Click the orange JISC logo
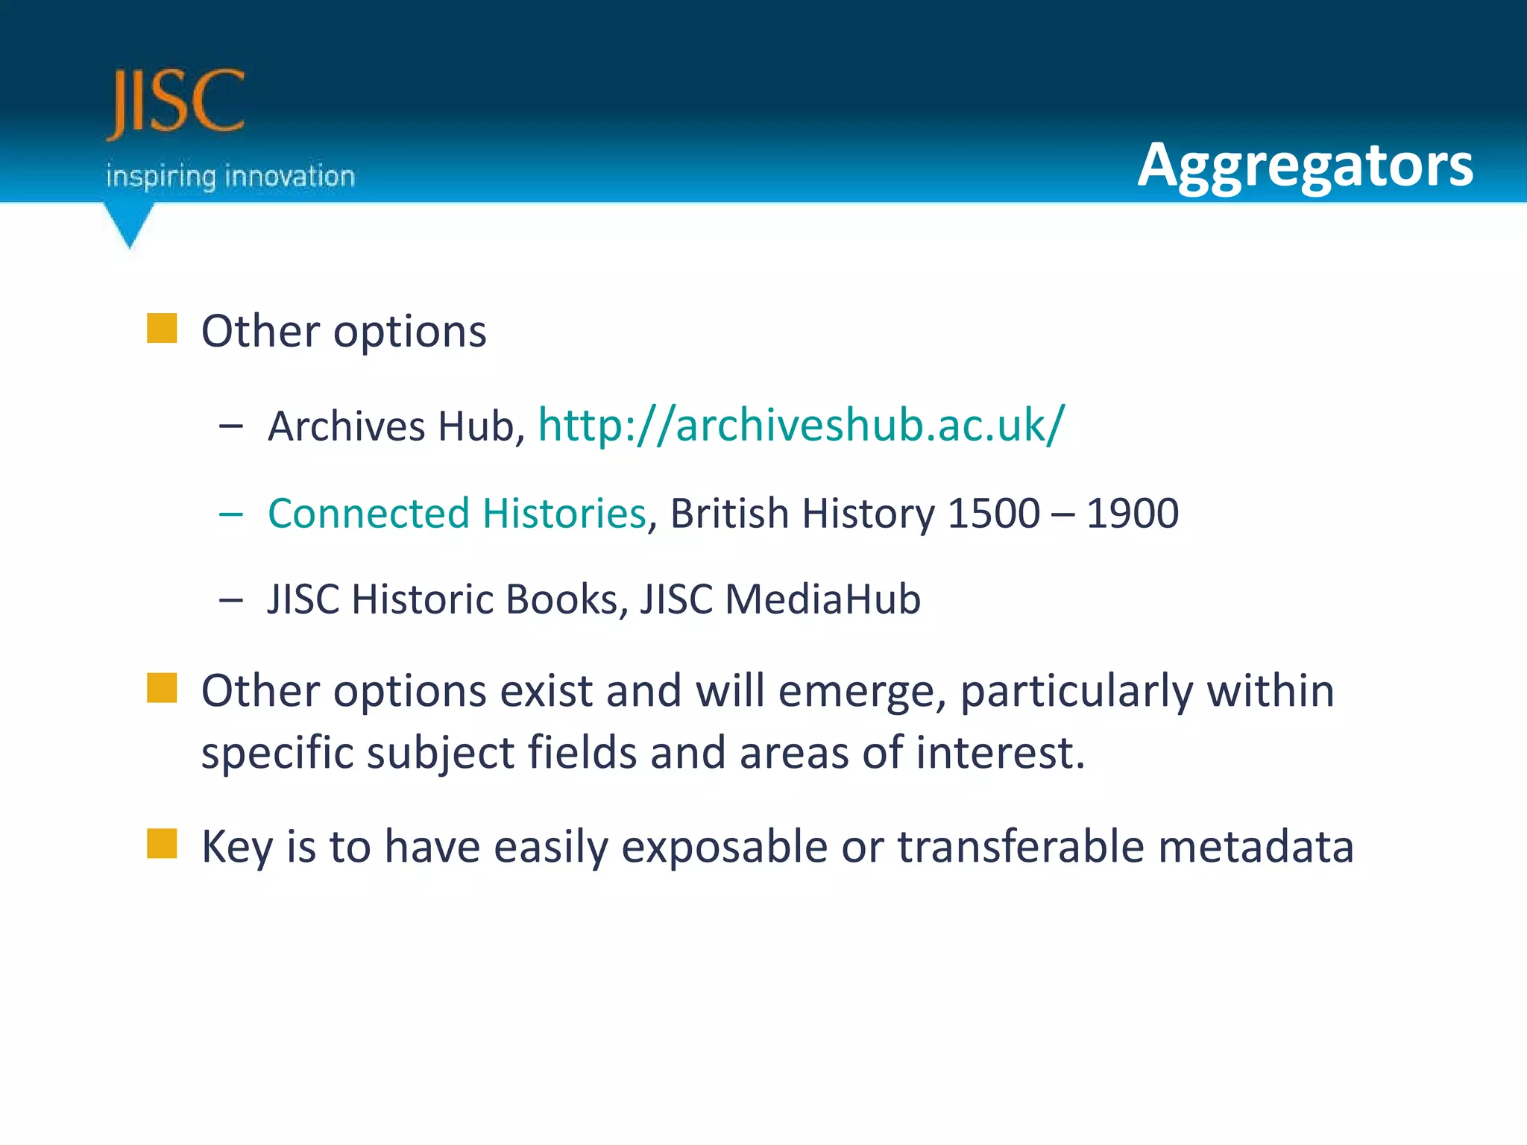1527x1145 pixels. tap(176, 102)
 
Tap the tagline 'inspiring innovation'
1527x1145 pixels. tap(230, 177)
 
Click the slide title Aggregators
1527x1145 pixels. tap(1305, 165)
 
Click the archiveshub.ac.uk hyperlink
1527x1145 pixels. tap(802, 425)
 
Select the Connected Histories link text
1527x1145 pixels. tap(456, 514)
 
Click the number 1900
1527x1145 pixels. tap(1132, 514)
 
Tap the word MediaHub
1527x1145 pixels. tap(822, 599)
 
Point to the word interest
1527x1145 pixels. tap(999, 753)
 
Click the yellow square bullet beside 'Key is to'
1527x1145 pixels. tap(162, 844)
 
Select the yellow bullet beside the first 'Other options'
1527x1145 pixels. tap(162, 328)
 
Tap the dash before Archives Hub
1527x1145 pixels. tap(231, 426)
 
